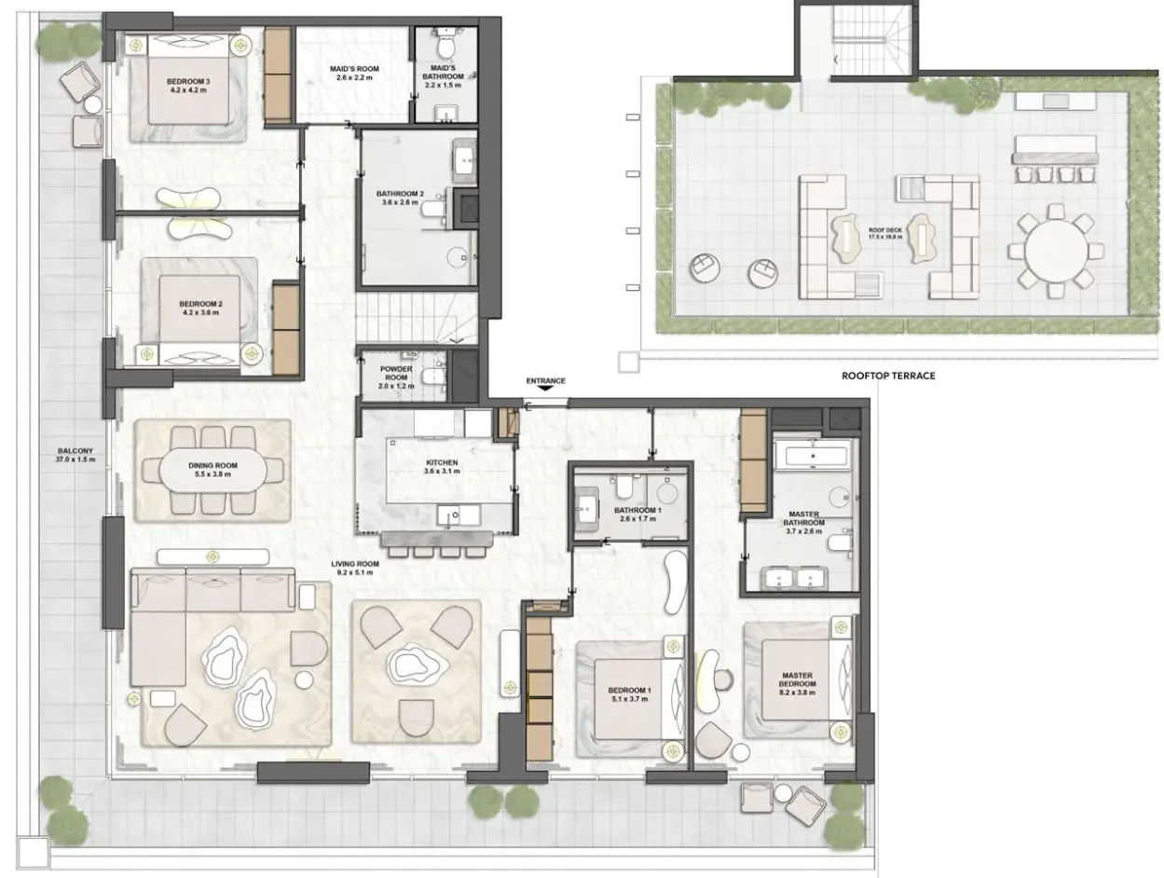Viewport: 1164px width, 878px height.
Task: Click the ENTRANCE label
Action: click(545, 380)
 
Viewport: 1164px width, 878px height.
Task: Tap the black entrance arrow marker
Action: click(545, 388)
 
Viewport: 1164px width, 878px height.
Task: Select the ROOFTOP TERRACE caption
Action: click(888, 376)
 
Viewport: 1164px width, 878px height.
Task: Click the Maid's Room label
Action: click(354, 73)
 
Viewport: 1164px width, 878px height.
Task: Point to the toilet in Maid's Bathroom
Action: click(446, 44)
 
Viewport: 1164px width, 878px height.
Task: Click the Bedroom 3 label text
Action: click(187, 86)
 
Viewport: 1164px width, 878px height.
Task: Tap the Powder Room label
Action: click(395, 377)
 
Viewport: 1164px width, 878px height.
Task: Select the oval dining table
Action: click(212, 469)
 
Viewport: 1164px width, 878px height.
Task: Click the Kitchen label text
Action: click(441, 467)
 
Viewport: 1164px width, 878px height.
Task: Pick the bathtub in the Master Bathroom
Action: click(812, 456)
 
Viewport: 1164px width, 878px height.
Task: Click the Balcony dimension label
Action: click(75, 455)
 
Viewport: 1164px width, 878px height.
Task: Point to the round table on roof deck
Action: click(1055, 252)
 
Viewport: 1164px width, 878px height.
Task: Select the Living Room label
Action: click(355, 568)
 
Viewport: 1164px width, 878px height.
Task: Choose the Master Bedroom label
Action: click(797, 683)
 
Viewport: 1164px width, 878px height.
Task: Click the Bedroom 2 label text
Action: click(200, 308)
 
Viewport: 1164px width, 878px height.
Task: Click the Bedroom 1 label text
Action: click(629, 694)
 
